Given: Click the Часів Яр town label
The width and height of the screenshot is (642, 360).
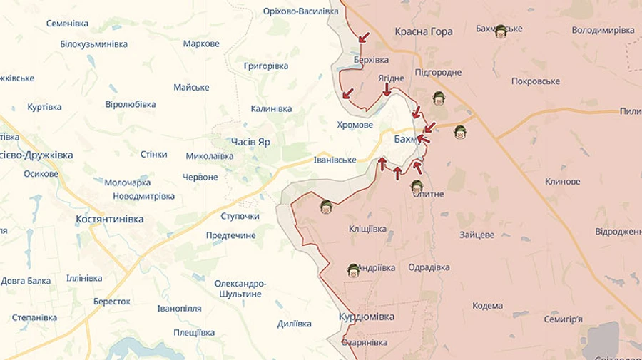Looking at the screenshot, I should tap(250, 142).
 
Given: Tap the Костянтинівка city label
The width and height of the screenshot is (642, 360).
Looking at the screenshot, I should tap(109, 219).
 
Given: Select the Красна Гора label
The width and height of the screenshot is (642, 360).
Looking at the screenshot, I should tap(424, 31).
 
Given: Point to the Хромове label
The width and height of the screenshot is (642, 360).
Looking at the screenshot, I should tap(355, 125).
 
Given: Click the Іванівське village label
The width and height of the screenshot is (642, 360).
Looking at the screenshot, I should tap(335, 160).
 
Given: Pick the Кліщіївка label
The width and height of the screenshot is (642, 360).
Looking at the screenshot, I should tap(367, 229).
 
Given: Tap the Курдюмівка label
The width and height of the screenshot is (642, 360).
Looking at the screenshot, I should tap(367, 316).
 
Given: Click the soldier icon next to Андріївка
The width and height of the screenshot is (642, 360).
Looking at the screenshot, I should tap(353, 269).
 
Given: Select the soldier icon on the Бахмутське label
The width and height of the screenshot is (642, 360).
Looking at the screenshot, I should tap(501, 31).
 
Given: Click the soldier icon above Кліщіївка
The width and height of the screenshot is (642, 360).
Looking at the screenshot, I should tap(326, 207).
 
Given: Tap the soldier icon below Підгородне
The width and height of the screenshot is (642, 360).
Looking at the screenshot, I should tap(439, 98).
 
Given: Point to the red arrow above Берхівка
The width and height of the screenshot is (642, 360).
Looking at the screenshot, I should tap(365, 37).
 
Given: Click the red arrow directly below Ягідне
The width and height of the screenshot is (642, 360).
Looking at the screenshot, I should tap(387, 90).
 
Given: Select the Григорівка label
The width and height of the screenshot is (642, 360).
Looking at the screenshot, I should tap(266, 66).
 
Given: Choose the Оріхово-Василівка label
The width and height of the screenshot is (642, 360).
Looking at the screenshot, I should tap(300, 11).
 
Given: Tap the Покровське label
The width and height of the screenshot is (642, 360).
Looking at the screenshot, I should tap(535, 81).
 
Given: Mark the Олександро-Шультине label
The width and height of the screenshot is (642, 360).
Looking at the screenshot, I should tap(240, 289).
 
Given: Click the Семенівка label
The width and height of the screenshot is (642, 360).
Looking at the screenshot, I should tap(67, 23).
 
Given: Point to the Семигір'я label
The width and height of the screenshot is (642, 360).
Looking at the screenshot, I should tap(563, 319).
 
